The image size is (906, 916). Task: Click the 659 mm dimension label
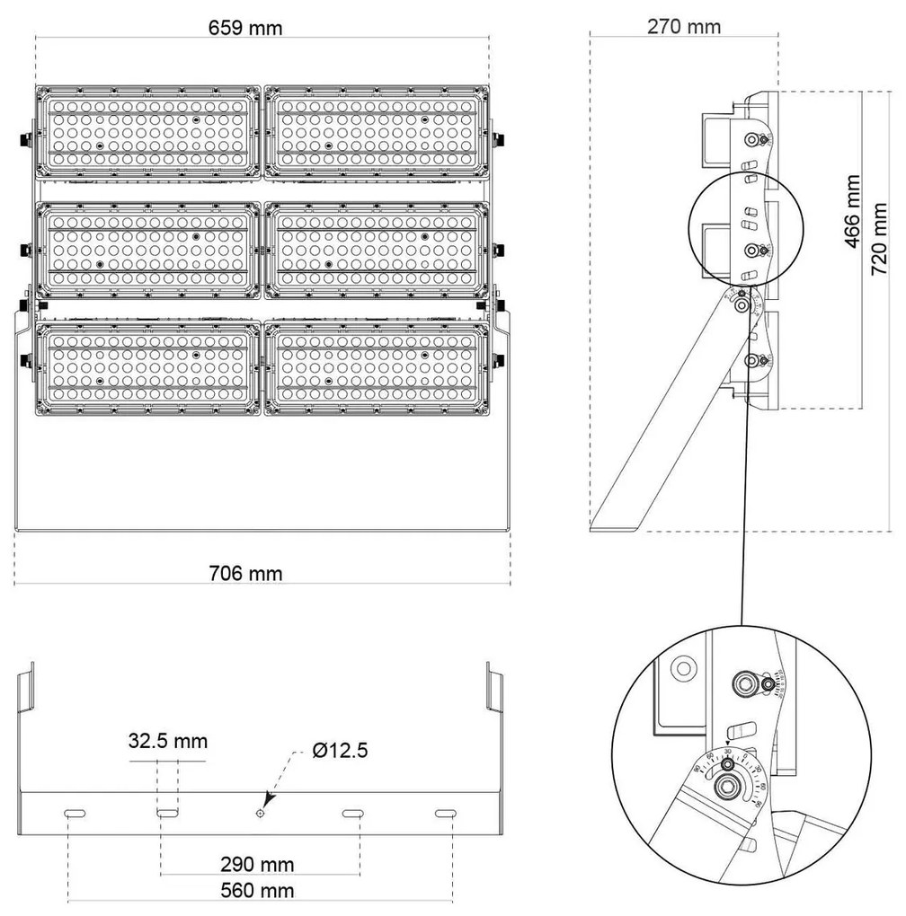245,28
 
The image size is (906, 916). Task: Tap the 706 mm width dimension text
245,573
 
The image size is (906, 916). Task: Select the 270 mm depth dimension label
684,26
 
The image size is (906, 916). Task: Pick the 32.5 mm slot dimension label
168,741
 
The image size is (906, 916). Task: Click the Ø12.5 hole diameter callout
341,751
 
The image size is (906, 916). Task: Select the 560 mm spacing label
259,891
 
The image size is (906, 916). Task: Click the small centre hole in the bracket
260,813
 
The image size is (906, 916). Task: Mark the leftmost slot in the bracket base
74,813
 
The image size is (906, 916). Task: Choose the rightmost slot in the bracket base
445,813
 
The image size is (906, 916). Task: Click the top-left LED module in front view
148,132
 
